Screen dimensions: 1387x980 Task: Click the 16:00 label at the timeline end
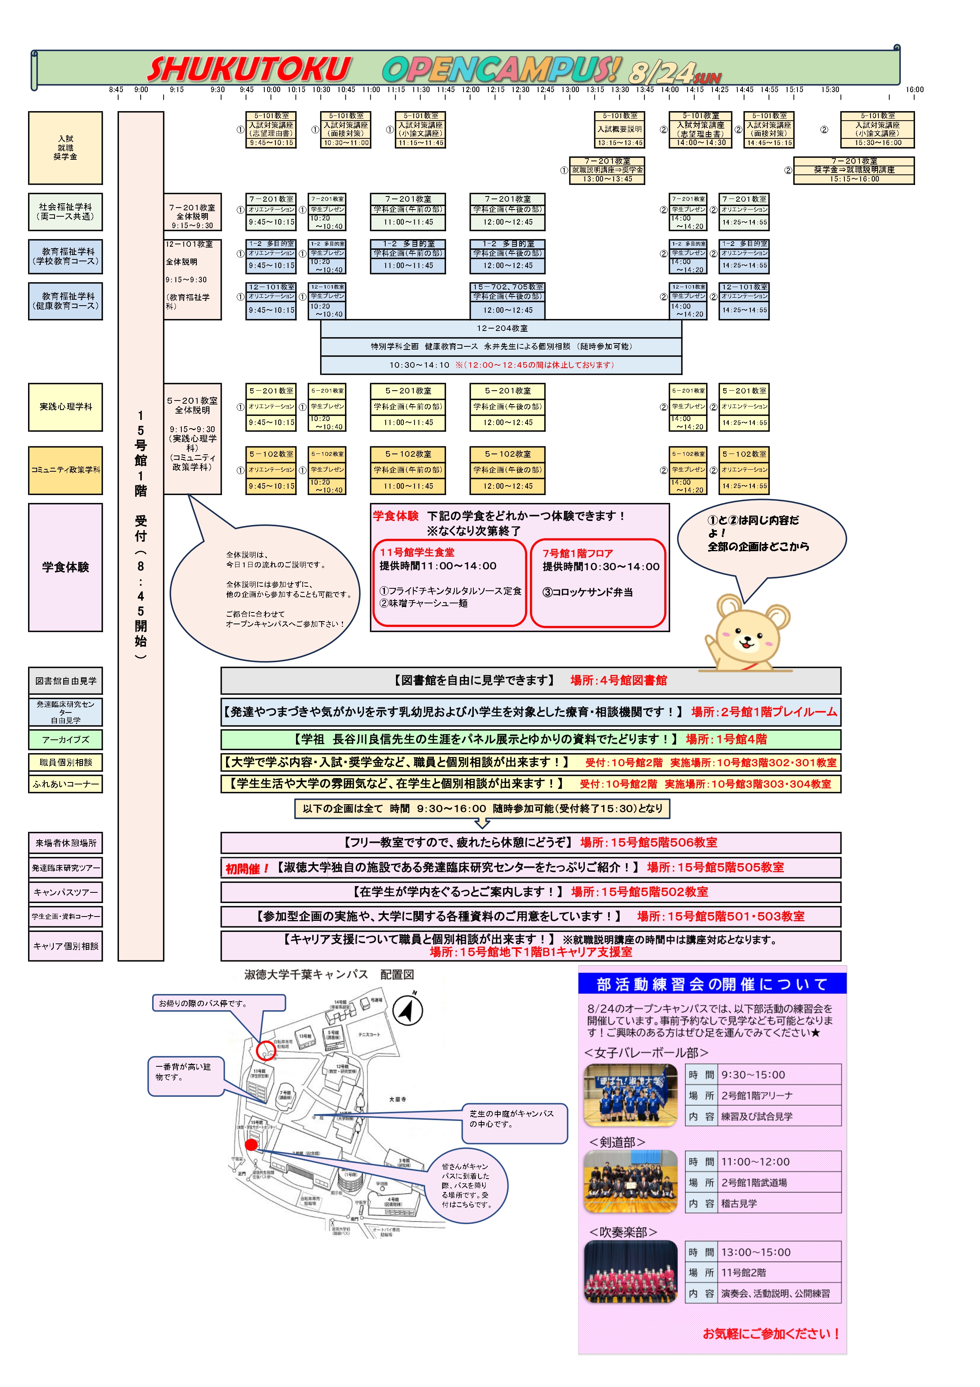(x=914, y=89)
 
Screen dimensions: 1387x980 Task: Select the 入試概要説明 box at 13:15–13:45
(x=620, y=129)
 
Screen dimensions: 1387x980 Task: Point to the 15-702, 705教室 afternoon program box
(x=507, y=300)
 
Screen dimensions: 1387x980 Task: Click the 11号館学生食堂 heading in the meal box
(x=416, y=552)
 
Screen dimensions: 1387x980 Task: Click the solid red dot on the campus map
(x=252, y=1144)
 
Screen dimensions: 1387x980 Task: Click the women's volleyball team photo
(x=630, y=1095)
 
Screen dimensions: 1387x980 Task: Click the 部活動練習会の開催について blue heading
(x=711, y=984)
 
